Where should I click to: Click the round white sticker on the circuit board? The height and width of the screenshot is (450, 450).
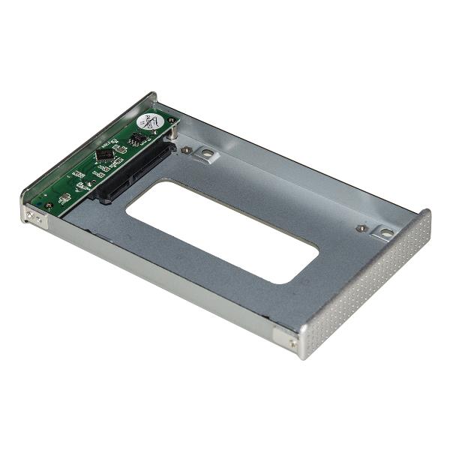[x=149, y=122]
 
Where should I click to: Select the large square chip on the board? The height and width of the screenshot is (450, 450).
[x=105, y=155]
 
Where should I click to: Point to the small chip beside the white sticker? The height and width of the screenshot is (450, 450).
[x=137, y=139]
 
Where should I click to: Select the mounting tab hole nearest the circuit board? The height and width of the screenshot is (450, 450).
[x=206, y=155]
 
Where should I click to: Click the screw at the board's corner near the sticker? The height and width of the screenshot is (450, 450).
[x=172, y=120]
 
